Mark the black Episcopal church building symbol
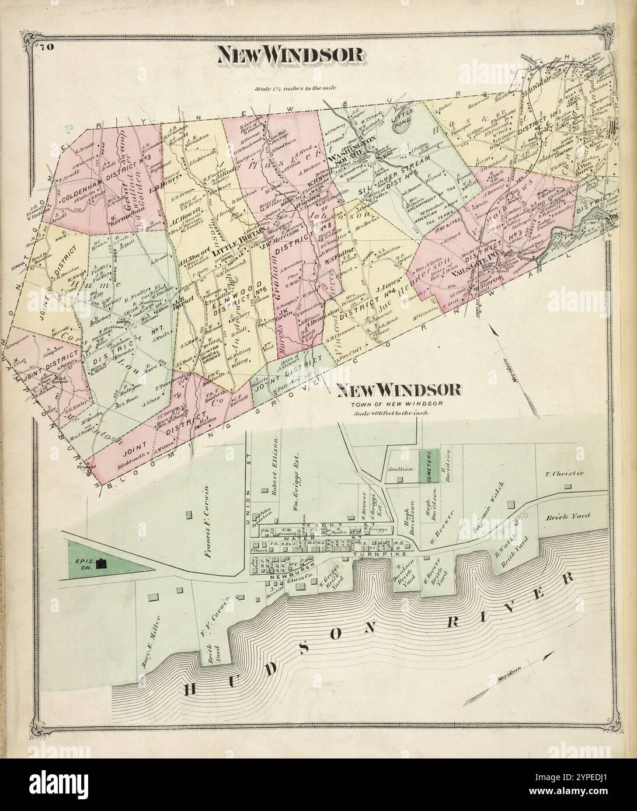coord(103,564)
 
